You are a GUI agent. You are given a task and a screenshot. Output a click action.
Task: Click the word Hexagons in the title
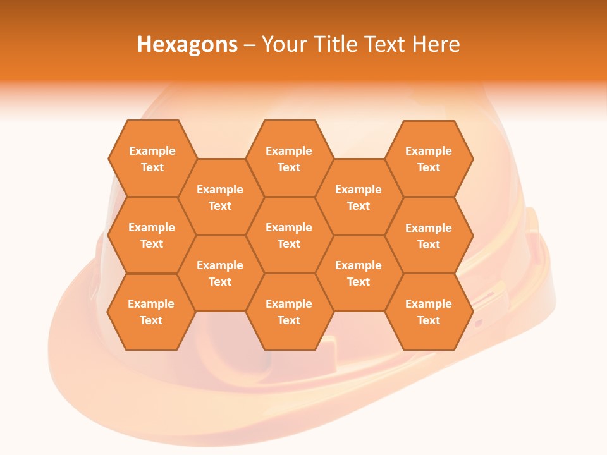pos(187,44)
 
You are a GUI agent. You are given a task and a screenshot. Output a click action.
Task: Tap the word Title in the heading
pos(334,44)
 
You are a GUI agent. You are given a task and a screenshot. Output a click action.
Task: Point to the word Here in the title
pos(436,44)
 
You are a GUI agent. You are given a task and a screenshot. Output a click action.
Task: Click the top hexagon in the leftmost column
pos(152,159)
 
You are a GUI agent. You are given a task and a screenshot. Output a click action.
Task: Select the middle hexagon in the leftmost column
pos(152,235)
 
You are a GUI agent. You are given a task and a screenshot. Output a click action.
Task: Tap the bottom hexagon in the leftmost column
pos(151,312)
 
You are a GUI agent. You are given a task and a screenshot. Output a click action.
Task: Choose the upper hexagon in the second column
pos(220,197)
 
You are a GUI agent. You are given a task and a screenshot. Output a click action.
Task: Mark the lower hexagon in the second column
pos(220,273)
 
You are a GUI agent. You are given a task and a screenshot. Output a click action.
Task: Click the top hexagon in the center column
pos(289,159)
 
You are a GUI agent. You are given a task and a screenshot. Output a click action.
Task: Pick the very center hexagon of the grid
pos(289,235)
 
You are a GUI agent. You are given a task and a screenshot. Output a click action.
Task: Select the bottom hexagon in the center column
pos(289,312)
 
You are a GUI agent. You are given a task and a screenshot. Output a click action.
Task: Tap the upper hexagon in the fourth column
pos(359,197)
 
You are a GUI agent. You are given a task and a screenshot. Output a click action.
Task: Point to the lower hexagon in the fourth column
pos(359,273)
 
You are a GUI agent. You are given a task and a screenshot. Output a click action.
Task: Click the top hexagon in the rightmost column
pos(429,159)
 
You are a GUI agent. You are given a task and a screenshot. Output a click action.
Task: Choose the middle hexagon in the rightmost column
pos(429,236)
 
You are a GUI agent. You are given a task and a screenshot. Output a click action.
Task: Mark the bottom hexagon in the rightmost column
pos(429,312)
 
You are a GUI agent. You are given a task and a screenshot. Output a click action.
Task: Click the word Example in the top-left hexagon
pos(152,151)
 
